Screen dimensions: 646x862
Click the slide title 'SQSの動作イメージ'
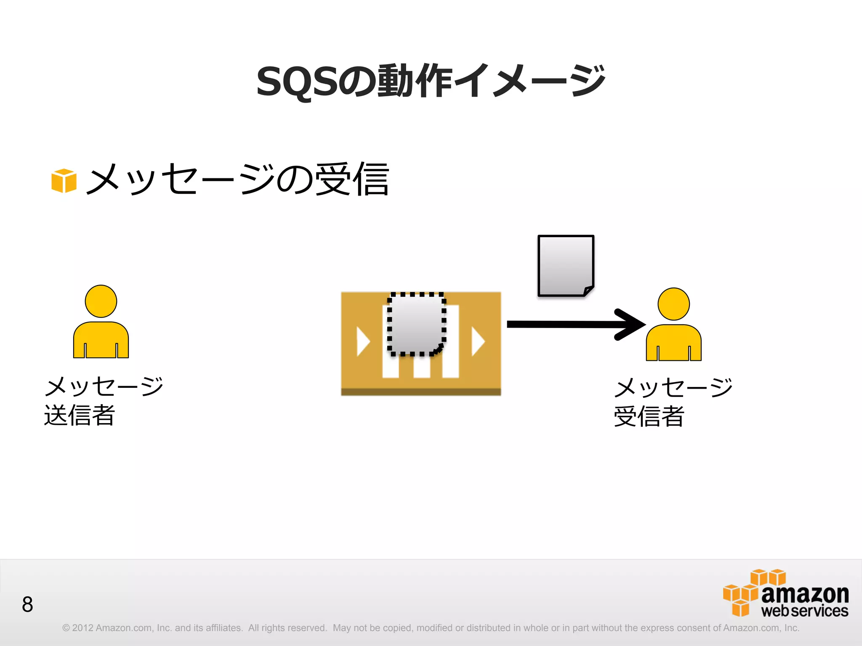tap(430, 81)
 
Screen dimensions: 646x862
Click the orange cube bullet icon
tap(64, 180)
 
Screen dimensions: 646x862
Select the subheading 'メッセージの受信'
tap(238, 180)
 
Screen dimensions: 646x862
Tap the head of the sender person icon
tap(101, 301)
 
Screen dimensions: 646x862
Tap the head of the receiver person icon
tap(673, 304)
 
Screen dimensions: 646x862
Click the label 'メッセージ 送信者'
tap(104, 401)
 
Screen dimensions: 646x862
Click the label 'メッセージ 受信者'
tap(673, 402)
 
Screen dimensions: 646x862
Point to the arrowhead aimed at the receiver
tap(631, 324)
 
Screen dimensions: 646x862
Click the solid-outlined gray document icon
tap(565, 265)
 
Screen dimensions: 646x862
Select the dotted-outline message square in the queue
tap(416, 324)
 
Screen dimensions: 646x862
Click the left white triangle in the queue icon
tap(362, 341)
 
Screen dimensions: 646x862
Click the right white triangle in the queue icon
tap(477, 341)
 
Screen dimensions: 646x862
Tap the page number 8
tap(27, 604)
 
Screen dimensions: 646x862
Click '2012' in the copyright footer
tap(82, 628)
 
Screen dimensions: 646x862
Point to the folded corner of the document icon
tap(588, 291)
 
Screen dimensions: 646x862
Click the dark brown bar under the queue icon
tap(421, 392)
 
